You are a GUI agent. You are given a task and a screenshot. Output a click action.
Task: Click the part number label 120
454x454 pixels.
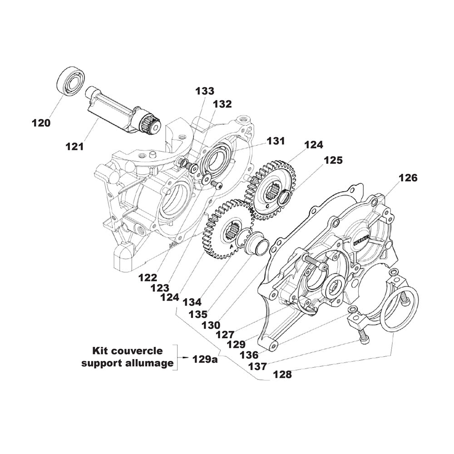coord(41,123)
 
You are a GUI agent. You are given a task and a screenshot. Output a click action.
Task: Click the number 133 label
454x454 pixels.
coord(205,91)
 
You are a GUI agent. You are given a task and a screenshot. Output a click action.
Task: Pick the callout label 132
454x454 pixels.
coord(222,104)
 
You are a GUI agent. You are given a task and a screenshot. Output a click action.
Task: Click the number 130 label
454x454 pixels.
coord(212,325)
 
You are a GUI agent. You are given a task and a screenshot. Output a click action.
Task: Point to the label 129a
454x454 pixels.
coord(205,360)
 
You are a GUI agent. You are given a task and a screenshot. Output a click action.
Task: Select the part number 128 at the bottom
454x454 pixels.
coord(282,375)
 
